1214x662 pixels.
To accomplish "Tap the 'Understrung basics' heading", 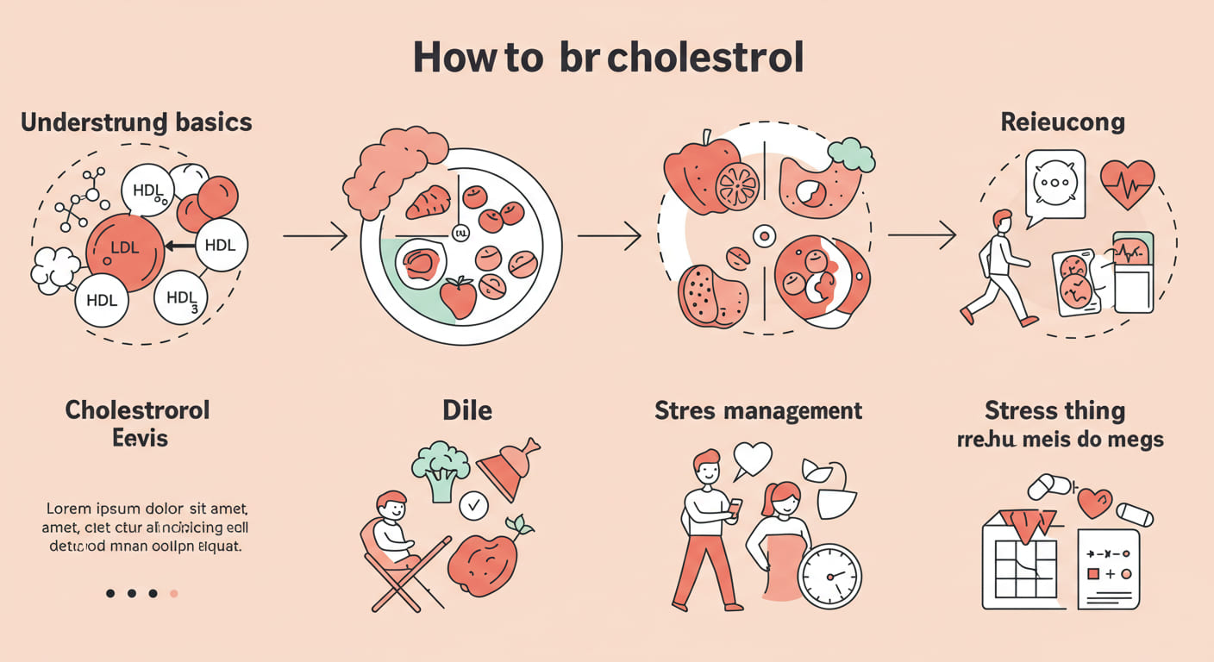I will pos(136,122).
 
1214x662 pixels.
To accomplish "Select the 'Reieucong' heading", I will pos(1062,122).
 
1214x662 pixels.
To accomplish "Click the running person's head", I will pos(1002,221).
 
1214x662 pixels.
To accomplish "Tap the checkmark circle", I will pos(473,506).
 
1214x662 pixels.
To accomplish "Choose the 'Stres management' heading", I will pos(758,410).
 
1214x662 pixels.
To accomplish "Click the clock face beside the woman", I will pos(829,576).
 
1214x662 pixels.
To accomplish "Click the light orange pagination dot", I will pos(174,593).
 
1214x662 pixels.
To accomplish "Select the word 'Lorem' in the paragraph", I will pos(69,508).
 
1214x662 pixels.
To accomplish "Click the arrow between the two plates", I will pos(609,234).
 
